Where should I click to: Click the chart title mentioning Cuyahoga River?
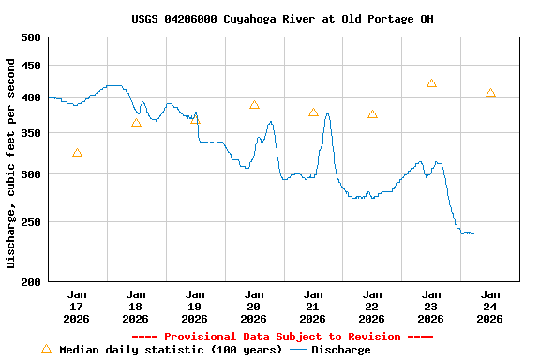point(282,19)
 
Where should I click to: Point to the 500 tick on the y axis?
point(31,37)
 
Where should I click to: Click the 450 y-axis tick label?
point(31,66)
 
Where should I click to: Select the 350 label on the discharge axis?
point(31,134)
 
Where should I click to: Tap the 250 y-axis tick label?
point(31,222)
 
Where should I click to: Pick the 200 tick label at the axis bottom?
point(31,281)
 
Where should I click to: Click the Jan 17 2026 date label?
point(77,306)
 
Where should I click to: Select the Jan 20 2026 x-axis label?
point(254,306)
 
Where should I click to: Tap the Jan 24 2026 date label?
point(490,306)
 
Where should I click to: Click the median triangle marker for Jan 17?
point(77,153)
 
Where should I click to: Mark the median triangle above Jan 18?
point(136,123)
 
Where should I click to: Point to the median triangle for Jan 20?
point(254,105)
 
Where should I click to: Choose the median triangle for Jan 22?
point(372,114)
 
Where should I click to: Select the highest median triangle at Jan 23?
point(431,83)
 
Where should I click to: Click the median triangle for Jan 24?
point(490,94)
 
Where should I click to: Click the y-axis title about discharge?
point(11,163)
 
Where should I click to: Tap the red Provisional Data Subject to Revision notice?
point(282,337)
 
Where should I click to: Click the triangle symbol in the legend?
point(46,349)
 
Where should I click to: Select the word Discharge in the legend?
point(340,350)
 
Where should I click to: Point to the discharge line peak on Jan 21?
point(326,113)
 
